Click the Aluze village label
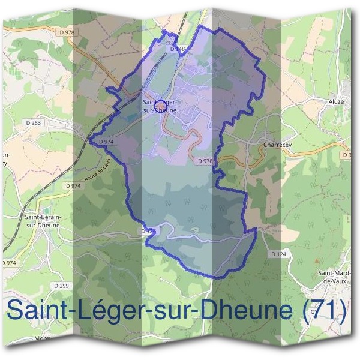click(x=337, y=102)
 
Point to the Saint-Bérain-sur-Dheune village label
click(x=41, y=219)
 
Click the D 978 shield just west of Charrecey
click(x=205, y=161)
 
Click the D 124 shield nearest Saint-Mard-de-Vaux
click(x=278, y=254)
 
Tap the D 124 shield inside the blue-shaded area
click(x=147, y=230)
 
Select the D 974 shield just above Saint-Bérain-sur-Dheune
click(x=72, y=186)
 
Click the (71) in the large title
click(x=325, y=311)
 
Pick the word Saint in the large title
click(x=37, y=311)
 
